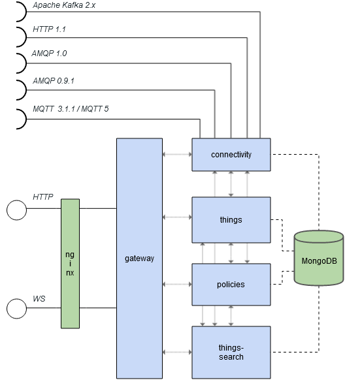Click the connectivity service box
(231, 155)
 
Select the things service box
(231, 220)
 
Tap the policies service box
(231, 285)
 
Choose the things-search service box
(231, 352)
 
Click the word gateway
(139, 258)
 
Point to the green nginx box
(70, 263)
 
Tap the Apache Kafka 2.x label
(65, 5)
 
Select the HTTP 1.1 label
(49, 30)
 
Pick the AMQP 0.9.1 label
(54, 82)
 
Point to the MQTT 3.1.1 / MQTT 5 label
(71, 108)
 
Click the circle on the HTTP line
(16, 210)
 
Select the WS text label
(39, 298)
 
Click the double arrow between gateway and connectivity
(176, 155)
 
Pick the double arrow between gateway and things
(176, 217)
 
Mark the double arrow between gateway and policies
(176, 284)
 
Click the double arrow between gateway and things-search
(176, 352)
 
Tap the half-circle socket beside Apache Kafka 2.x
(20, 10)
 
